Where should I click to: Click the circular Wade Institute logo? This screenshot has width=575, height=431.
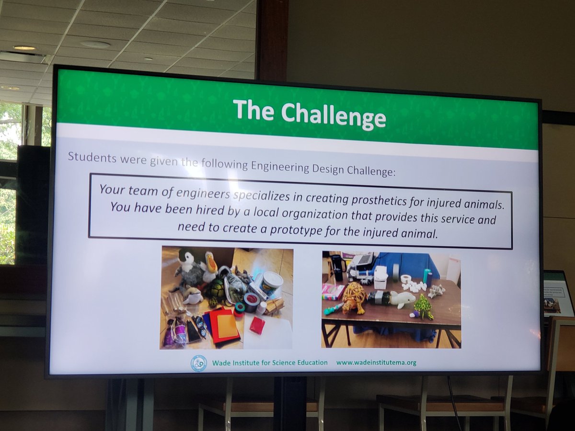pyautogui.click(x=199, y=363)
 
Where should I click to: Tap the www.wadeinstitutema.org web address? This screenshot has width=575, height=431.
pyautogui.click(x=376, y=363)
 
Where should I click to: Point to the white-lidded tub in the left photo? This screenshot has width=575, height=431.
pyautogui.click(x=272, y=283)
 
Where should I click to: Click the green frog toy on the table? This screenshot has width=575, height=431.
pyautogui.click(x=423, y=306)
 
